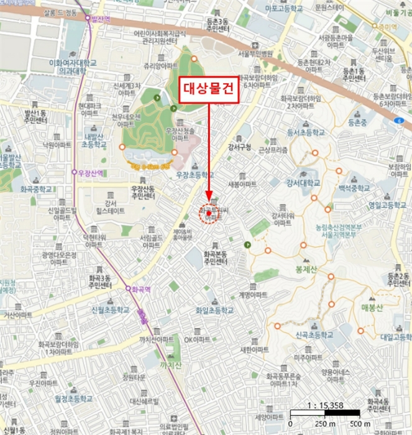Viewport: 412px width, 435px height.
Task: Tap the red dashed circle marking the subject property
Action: [209, 214]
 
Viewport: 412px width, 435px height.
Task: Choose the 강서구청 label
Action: [239, 147]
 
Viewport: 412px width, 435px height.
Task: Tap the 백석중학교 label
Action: [355, 187]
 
